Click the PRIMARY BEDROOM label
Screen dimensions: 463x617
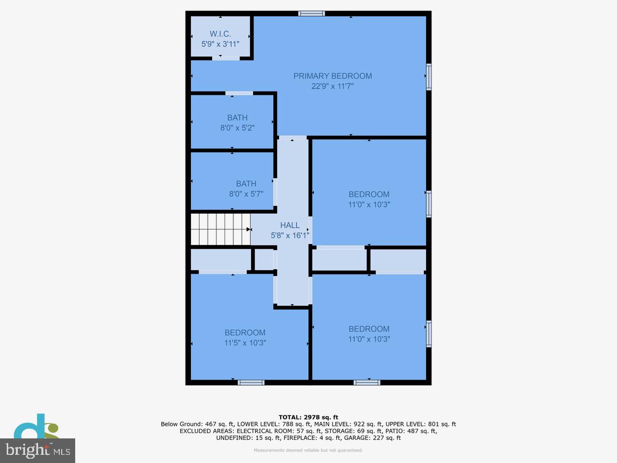click(332, 76)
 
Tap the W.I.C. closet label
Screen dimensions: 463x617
click(220, 34)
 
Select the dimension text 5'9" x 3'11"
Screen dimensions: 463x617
click(220, 44)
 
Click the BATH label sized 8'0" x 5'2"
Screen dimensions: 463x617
click(237, 117)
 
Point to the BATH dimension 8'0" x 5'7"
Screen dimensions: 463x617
click(246, 194)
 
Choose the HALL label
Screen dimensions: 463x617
click(290, 225)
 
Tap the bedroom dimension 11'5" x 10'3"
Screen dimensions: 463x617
click(245, 343)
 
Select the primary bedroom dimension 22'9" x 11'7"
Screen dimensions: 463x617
click(333, 86)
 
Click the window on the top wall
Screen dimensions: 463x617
click(311, 14)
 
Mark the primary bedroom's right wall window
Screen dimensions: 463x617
click(429, 77)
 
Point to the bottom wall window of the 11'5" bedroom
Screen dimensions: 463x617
click(251, 382)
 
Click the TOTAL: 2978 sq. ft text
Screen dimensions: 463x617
click(308, 417)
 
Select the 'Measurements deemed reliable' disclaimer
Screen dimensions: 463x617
click(308, 450)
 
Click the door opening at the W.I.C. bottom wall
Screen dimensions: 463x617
click(226, 58)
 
